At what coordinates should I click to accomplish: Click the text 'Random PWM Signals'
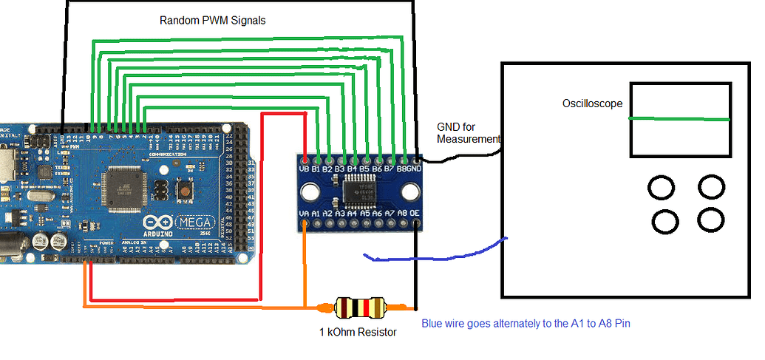[212, 21]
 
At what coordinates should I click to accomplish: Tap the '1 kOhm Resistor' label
[358, 332]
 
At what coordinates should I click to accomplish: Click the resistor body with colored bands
[360, 307]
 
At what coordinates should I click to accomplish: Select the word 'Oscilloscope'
[592, 104]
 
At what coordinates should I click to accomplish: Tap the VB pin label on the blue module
[304, 170]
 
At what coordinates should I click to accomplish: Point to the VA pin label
[304, 214]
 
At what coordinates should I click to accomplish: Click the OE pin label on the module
[415, 214]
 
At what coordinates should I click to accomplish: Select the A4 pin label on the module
[353, 214]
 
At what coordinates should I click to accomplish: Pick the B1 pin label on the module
[316, 170]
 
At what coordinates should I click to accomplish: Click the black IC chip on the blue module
[363, 191]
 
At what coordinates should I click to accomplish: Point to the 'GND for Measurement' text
[467, 133]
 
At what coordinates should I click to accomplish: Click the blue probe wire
[436, 255]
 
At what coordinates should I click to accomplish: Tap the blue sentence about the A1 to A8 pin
[526, 323]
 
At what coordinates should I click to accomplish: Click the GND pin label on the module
[415, 170]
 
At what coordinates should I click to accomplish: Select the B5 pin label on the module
[365, 170]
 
